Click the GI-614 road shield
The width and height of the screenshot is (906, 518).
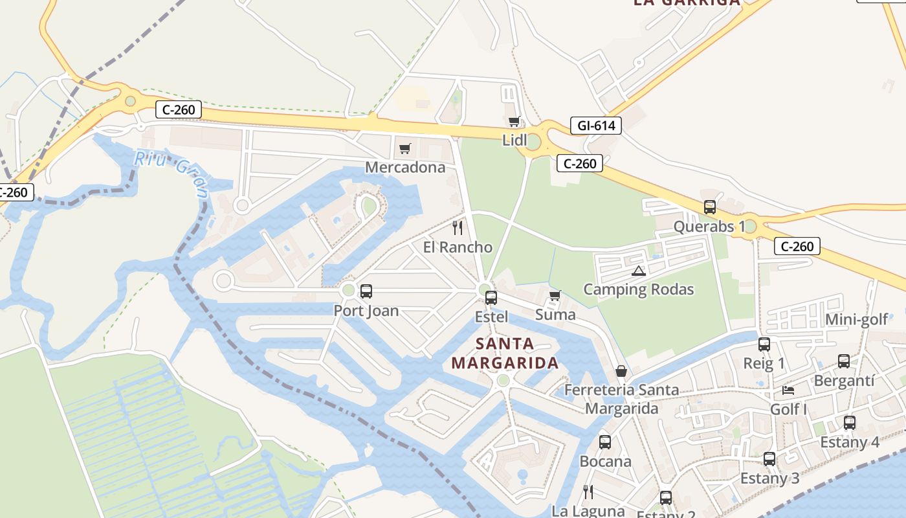point(595,126)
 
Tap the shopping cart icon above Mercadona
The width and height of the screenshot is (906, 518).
point(405,149)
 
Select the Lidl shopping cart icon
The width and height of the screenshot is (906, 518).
point(514,122)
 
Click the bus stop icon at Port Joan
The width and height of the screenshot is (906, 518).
point(366,291)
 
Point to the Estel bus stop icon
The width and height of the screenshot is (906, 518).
point(491,298)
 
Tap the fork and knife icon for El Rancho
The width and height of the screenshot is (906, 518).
point(458,227)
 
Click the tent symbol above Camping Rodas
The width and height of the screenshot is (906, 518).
point(639,271)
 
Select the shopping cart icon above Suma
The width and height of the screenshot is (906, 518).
point(555,296)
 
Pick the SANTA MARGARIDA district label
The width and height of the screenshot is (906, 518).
point(505,353)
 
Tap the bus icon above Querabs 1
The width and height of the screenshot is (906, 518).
point(710,207)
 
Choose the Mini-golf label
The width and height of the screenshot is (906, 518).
point(856,319)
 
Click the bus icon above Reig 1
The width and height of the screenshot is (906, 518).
point(764,344)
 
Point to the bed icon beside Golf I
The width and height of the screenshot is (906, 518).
point(788,390)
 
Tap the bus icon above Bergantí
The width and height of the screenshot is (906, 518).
point(844,361)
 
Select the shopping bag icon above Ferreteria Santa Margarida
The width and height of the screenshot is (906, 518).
point(621,371)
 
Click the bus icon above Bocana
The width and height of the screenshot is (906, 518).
point(605,442)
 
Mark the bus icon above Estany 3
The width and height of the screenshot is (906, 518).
point(769,459)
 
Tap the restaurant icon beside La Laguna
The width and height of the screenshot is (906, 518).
point(588,492)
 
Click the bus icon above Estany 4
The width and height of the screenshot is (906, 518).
point(850,423)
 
